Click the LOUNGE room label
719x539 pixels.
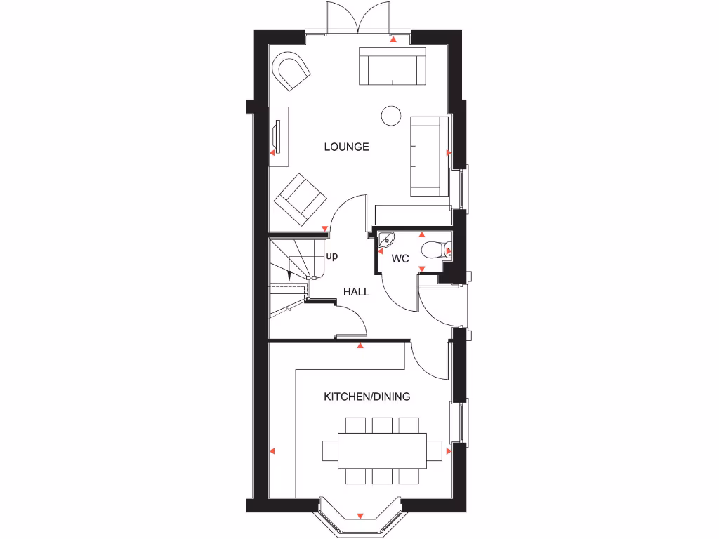[x=346, y=147]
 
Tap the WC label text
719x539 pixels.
[x=400, y=259]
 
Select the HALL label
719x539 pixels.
[x=356, y=292]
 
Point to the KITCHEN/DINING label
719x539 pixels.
[x=367, y=397]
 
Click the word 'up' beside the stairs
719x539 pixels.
[x=331, y=256]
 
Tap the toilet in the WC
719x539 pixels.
[x=434, y=249]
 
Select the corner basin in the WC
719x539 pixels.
[x=385, y=240]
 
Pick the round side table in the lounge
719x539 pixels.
[x=390, y=115]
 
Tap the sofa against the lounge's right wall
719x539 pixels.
[x=429, y=157]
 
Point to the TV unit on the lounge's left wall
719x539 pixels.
[x=279, y=136]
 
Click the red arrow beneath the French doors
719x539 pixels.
[x=393, y=41]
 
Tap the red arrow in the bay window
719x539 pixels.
[x=360, y=516]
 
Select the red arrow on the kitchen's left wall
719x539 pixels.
[x=272, y=451]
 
